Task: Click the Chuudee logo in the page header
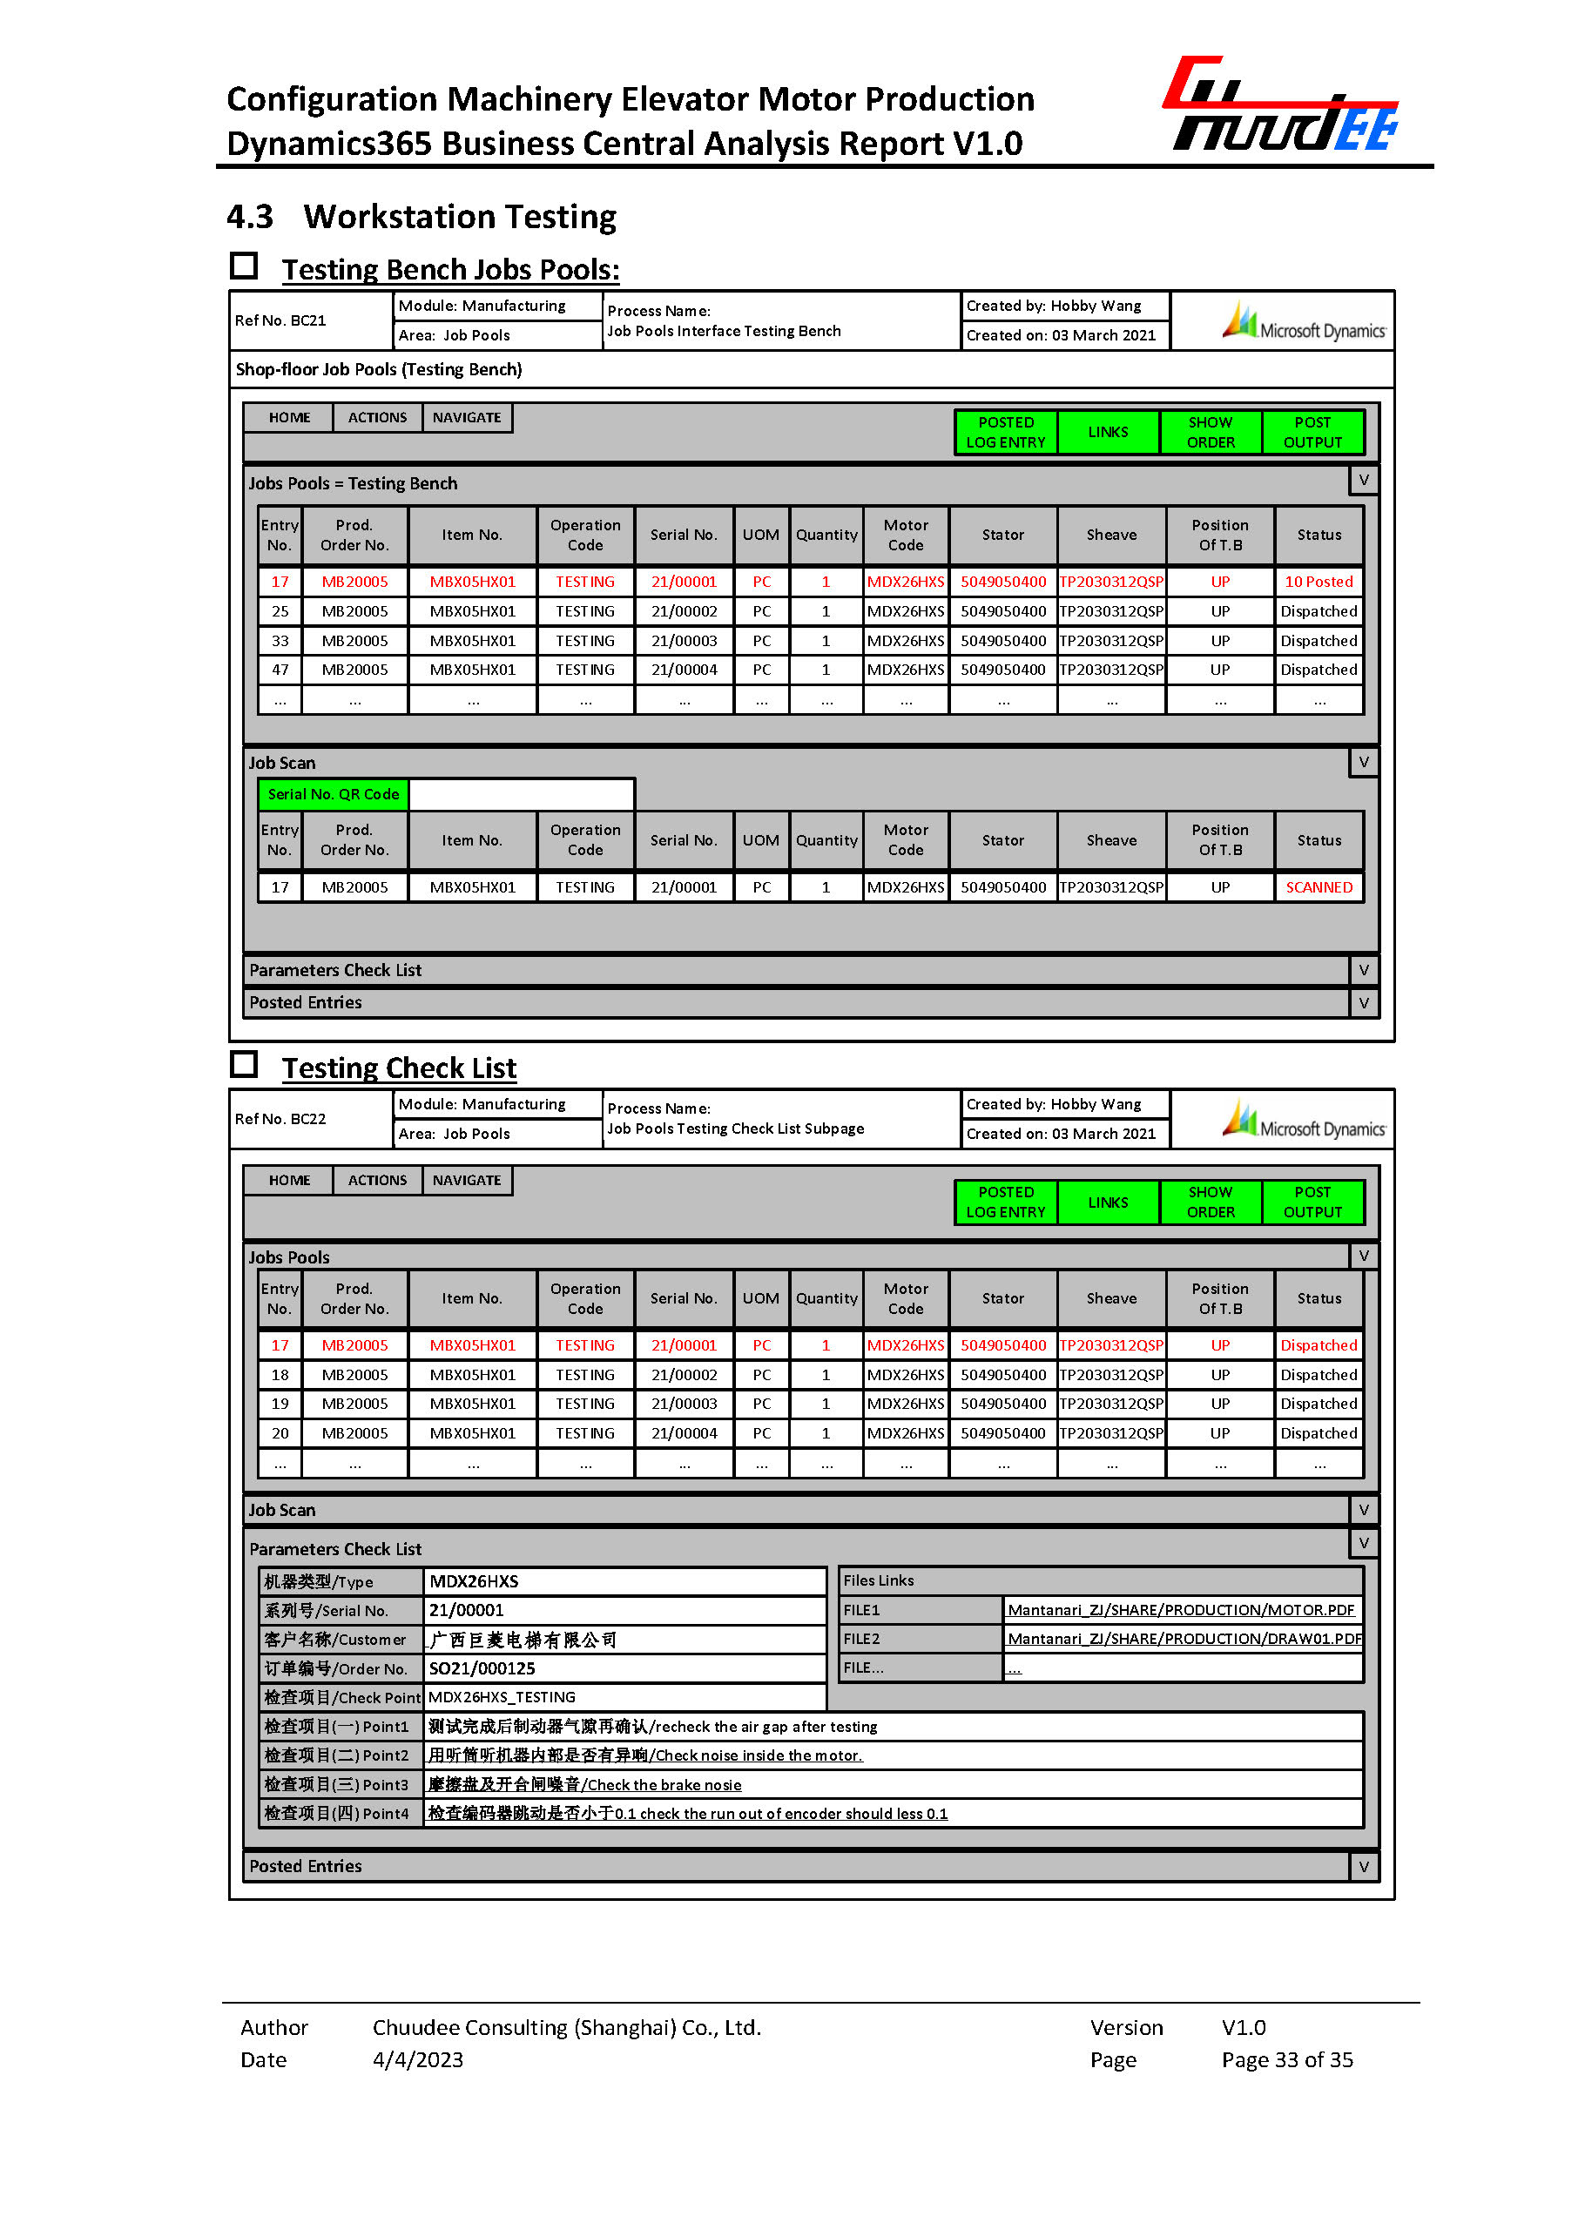click(1281, 105)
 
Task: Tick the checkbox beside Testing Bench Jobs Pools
click(244, 266)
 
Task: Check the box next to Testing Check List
click(244, 1064)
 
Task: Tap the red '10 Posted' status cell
click(1319, 582)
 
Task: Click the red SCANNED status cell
click(1319, 887)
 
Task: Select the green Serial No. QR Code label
click(333, 794)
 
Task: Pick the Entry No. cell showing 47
click(280, 670)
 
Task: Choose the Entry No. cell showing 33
click(280, 641)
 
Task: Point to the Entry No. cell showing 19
click(280, 1404)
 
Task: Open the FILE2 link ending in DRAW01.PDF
click(1183, 1639)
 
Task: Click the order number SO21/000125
click(482, 1667)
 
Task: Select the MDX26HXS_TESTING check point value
click(502, 1697)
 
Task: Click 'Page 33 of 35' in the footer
click(1286, 2059)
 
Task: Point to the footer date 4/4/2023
click(418, 2059)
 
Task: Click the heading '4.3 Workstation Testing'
click(422, 217)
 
